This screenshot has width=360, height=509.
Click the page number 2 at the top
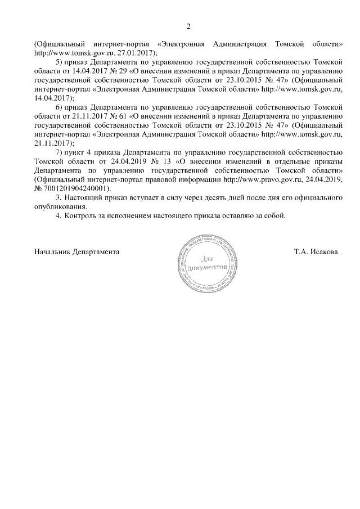coord(188,26)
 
